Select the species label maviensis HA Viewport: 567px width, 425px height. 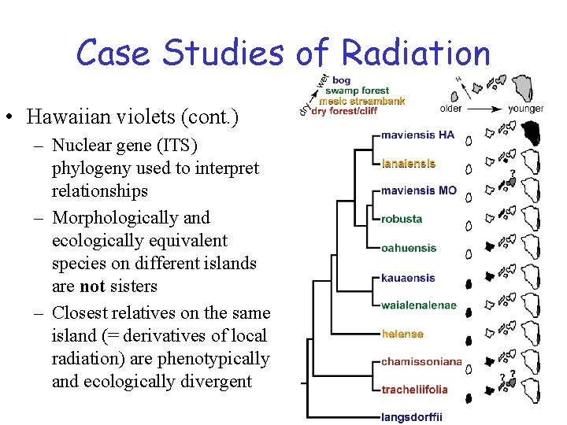pos(417,135)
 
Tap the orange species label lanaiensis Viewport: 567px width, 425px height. pos(408,164)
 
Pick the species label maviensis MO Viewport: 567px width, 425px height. pos(418,191)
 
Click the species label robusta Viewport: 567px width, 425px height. pos(402,219)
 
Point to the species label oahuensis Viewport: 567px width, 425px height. pos(408,248)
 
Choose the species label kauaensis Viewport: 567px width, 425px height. pos(407,278)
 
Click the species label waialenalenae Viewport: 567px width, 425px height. pos(418,305)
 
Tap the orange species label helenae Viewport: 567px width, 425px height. pos(402,334)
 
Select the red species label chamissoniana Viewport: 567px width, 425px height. pos(421,362)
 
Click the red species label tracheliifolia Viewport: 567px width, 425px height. pos(414,390)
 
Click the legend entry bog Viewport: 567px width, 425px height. pos(342,80)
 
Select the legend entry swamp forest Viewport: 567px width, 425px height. pos(359,91)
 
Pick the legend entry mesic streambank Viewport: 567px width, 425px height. pos(362,101)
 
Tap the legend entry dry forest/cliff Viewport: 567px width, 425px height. pos(344,111)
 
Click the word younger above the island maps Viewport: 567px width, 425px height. pos(525,109)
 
